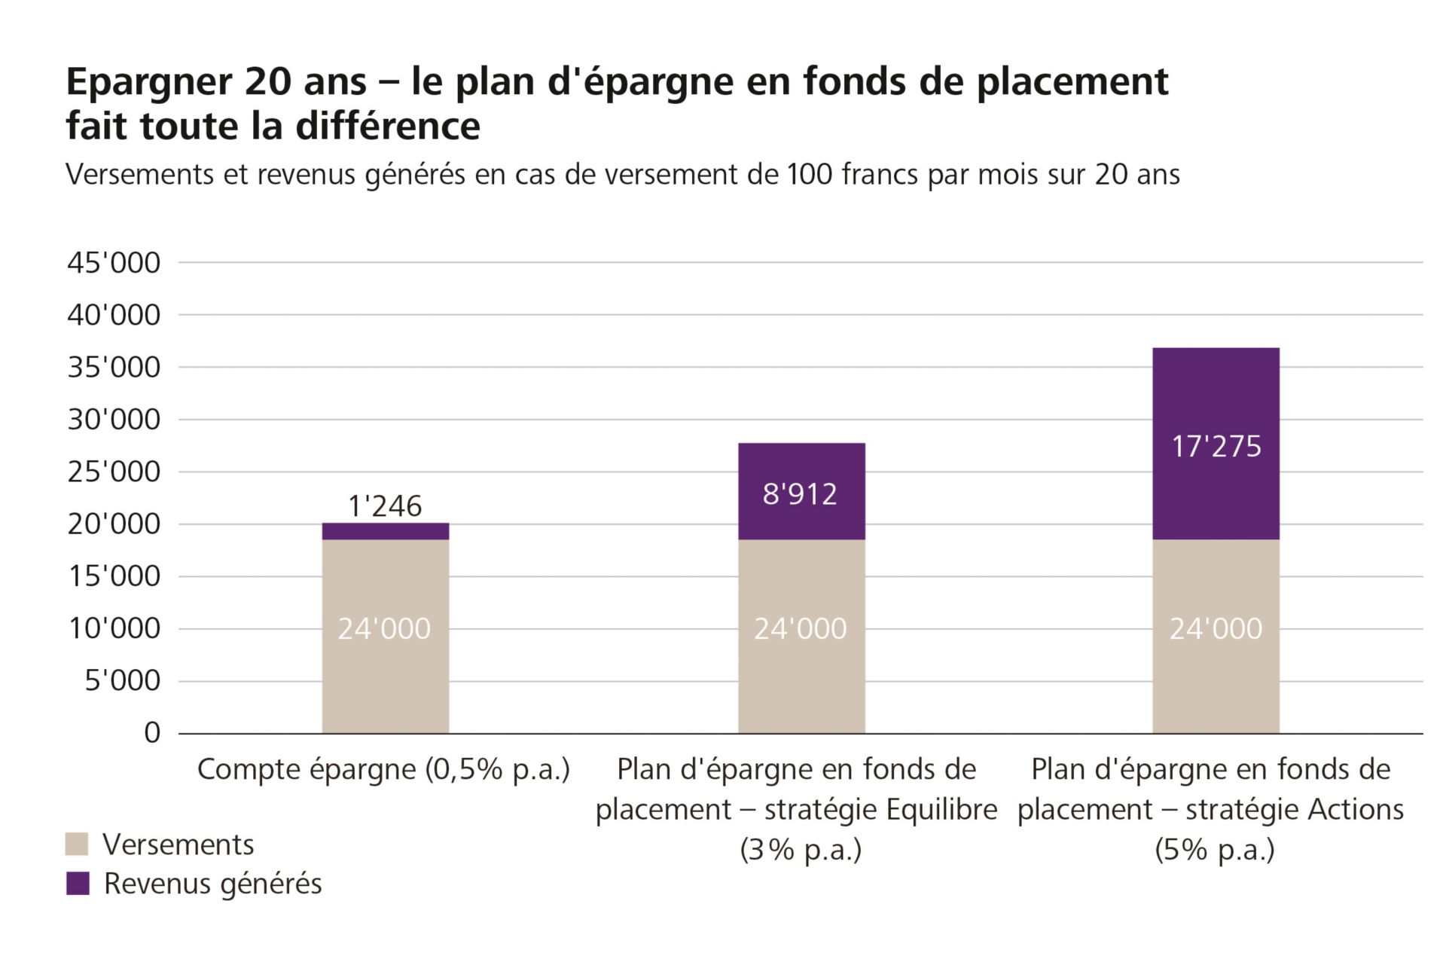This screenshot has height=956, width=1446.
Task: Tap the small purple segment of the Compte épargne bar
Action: [x=386, y=532]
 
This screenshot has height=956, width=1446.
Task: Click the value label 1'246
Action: [x=385, y=506]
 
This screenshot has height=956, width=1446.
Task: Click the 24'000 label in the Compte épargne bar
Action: [x=384, y=628]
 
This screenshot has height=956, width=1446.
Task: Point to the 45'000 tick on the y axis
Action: [x=114, y=263]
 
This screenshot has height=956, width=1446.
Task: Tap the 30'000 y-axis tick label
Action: [x=114, y=420]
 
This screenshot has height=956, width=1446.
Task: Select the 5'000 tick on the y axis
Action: [x=122, y=680]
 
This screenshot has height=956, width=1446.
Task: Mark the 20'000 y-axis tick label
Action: [x=114, y=524]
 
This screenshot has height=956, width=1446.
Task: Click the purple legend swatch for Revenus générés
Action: [x=78, y=884]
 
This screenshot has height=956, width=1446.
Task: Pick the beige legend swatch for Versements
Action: [x=78, y=844]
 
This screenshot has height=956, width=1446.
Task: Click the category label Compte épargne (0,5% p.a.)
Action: [x=383, y=769]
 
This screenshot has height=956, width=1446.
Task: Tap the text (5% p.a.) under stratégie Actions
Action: [x=1214, y=850]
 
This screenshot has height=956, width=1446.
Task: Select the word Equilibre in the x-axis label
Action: [x=941, y=810]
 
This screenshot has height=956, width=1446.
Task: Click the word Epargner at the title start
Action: [x=148, y=81]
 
